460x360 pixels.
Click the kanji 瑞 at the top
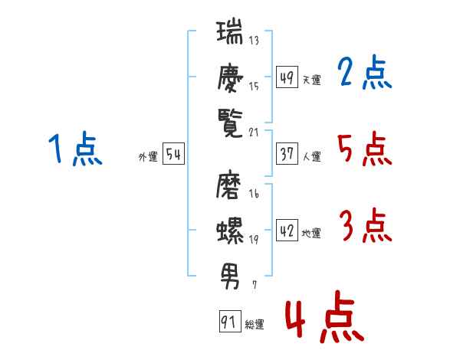point(229,34)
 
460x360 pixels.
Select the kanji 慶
point(229,78)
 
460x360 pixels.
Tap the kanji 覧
point(229,121)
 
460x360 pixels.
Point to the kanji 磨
point(229,186)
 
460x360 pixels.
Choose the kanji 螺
point(229,229)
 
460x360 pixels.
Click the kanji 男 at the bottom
point(229,272)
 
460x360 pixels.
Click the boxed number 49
point(287,77)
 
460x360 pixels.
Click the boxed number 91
point(229,322)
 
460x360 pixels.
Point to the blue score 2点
point(365,74)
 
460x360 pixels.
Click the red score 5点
point(365,149)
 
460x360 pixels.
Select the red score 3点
point(365,227)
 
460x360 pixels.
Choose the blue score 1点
point(74,149)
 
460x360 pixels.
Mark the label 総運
point(255,325)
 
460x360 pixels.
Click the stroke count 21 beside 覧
point(255,132)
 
